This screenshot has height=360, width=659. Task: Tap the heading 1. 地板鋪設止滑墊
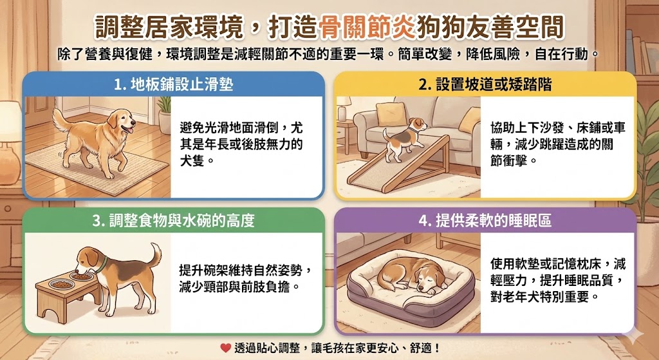pos(173,84)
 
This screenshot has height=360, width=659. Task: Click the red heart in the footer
pos(225,348)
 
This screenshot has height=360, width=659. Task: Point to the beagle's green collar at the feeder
pos(101,262)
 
